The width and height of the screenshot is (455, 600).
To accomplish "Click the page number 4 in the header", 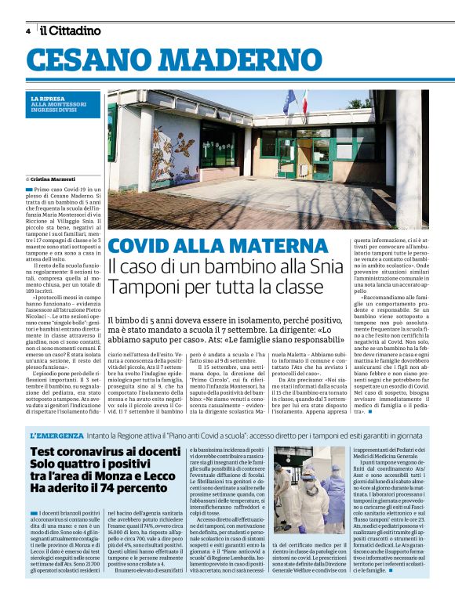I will (x=28, y=31).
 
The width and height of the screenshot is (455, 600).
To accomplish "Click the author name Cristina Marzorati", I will (x=60, y=179).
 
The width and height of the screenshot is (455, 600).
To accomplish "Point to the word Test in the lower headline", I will (x=46, y=452).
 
